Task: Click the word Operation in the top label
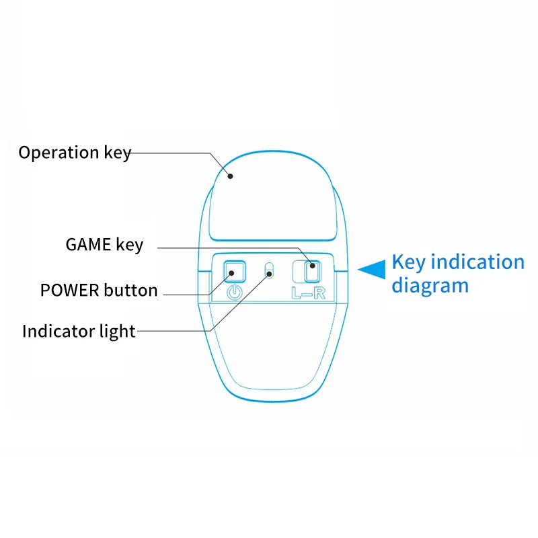click(59, 153)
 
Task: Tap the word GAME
click(88, 245)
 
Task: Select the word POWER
click(70, 291)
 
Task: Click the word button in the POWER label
click(130, 291)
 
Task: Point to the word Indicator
click(59, 331)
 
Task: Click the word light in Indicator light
click(117, 332)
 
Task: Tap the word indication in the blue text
click(477, 262)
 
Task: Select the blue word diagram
click(430, 286)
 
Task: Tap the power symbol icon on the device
click(235, 293)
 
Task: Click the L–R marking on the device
click(308, 293)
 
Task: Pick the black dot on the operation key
click(231, 176)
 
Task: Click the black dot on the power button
click(231, 273)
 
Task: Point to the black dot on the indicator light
click(270, 274)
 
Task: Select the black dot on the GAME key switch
click(313, 266)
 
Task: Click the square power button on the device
click(235, 272)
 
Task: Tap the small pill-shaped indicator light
click(270, 270)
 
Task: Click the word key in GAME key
click(129, 245)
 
